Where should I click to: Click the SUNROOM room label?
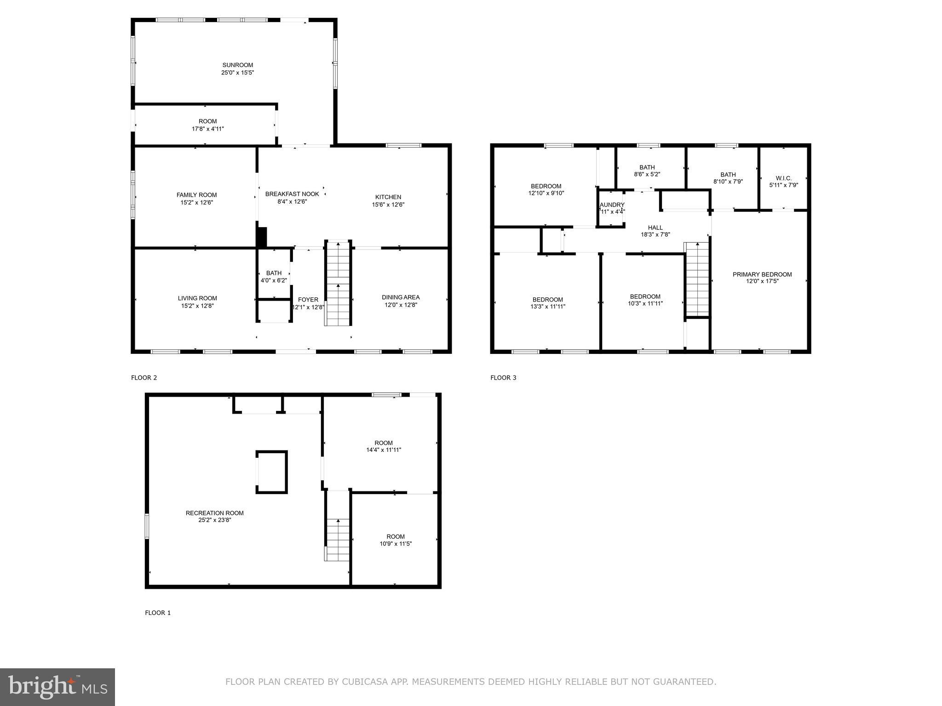237,65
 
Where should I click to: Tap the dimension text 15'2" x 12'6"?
196,202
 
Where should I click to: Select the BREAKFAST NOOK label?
292,194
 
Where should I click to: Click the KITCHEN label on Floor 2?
388,197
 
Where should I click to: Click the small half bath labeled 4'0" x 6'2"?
274,277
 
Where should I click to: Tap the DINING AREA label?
400,297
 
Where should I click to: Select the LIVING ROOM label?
197,298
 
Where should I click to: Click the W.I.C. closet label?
783,178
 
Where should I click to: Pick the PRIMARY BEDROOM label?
762,274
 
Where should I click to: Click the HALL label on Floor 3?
655,228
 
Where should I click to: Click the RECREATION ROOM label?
214,513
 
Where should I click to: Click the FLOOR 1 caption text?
158,613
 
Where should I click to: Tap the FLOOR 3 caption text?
503,378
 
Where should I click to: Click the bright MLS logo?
57,687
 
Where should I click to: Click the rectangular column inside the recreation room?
272,472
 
